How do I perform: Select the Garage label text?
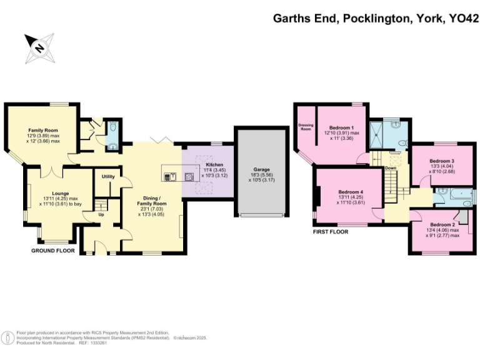(261, 169)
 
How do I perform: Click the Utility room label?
(108, 177)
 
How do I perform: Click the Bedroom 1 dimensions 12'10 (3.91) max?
(341, 133)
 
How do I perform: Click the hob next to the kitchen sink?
(189, 176)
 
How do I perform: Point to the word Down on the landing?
(391, 168)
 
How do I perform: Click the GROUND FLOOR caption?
(53, 251)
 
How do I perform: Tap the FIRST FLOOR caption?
(330, 231)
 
